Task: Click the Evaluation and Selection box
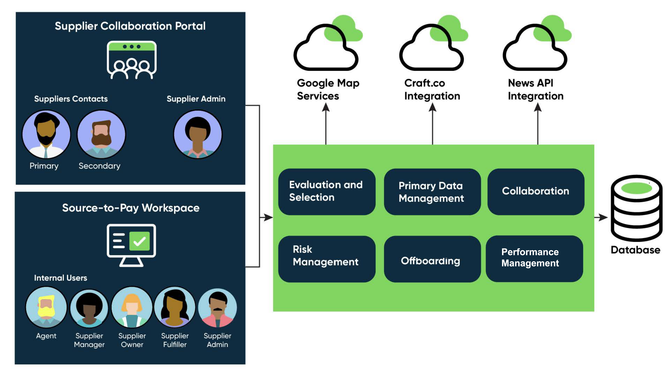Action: pos(327,192)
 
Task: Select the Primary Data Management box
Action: pos(432,192)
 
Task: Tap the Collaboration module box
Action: pos(536,192)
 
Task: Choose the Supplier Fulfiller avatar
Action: pos(175,307)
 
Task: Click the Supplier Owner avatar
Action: pos(132,307)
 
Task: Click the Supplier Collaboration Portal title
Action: pos(130,26)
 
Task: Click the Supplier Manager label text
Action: pos(89,340)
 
